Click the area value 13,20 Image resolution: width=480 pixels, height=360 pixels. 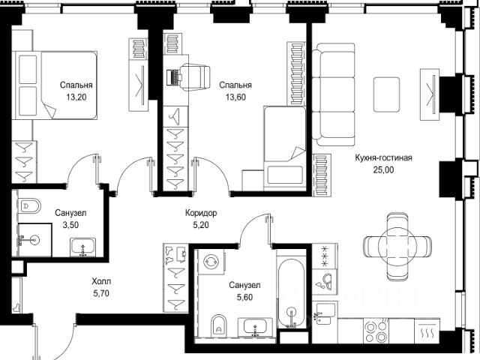coord(76,97)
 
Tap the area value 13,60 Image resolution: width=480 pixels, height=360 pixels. coord(235,97)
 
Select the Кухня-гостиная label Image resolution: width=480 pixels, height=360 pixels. coord(383,157)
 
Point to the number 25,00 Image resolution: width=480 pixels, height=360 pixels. coord(383,170)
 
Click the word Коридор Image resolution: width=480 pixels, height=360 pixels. coord(201,213)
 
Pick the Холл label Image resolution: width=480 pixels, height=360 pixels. coord(101,281)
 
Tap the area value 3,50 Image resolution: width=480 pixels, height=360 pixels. coord(70,225)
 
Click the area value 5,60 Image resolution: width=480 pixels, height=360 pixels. coord(245,297)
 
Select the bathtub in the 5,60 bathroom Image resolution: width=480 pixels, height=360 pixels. coord(291,294)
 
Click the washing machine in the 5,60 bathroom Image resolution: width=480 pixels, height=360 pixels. coord(211,262)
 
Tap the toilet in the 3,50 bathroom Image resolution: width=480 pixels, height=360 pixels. coord(29,206)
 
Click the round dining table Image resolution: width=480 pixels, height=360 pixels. coord(397,247)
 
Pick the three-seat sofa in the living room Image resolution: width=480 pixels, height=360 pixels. coord(334,94)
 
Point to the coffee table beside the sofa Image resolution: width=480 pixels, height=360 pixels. coord(387,94)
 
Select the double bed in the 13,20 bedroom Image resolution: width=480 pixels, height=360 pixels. coord(55,85)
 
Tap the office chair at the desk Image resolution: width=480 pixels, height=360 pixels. coord(195,77)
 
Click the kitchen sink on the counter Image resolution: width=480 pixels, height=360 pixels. coord(323,313)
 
